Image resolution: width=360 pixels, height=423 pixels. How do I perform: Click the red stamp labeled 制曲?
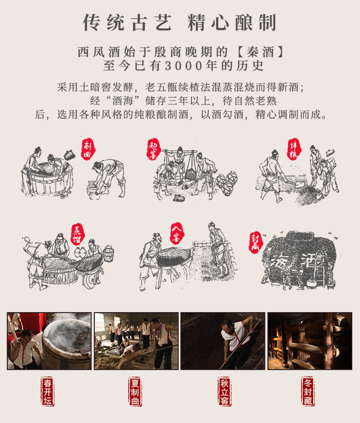click(88, 150)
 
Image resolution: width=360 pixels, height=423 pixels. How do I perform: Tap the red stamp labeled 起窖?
click(154, 150)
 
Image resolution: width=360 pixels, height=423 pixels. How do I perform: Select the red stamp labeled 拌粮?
click(294, 149)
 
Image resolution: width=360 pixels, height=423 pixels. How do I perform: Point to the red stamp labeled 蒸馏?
click(78, 235)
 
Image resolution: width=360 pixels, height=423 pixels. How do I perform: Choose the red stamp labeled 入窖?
click(177, 234)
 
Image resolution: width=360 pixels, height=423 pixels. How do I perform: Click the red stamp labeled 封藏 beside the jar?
click(256, 242)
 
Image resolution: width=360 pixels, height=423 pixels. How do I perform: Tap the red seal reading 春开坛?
click(48, 391)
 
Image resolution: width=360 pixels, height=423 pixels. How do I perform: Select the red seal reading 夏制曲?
click(135, 391)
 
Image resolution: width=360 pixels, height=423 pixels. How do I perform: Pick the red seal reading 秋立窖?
click(225, 391)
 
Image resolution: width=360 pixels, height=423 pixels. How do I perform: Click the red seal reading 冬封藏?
click(308, 391)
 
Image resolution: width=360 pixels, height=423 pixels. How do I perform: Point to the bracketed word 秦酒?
click(260, 52)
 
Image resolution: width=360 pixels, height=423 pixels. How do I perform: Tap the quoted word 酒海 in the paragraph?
click(123, 101)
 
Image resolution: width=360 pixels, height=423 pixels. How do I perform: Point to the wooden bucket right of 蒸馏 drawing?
click(108, 253)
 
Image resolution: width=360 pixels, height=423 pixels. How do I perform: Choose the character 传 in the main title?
click(92, 22)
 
